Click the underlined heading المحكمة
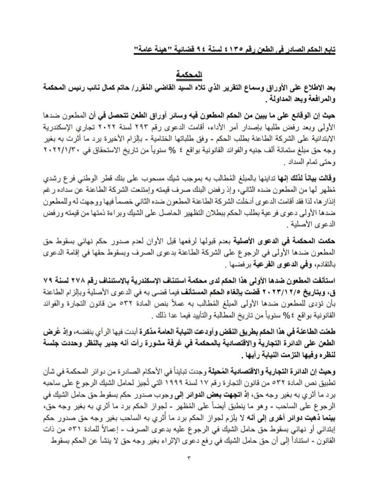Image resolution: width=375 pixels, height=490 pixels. pos(188,74)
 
